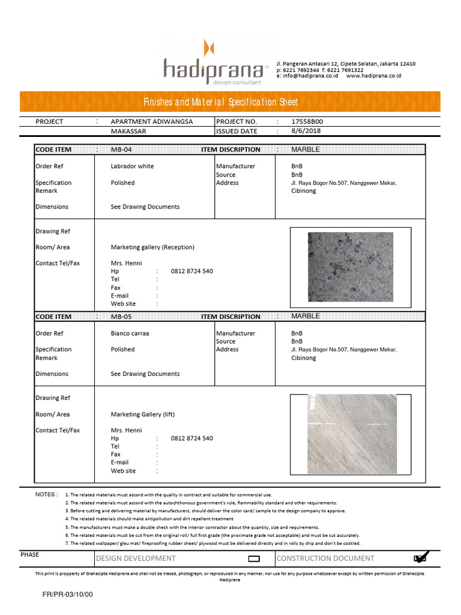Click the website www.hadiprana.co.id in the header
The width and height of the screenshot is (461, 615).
[373, 76]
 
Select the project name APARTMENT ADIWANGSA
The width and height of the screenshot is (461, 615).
[152, 121]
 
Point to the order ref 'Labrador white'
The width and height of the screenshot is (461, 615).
[132, 166]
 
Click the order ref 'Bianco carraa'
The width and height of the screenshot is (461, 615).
[130, 333]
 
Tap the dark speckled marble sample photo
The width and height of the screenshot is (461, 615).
[350, 267]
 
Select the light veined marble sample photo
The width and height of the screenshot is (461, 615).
[350, 434]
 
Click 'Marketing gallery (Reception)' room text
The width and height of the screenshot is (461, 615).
[152, 247]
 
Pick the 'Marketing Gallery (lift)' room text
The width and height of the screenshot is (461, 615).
[143, 414]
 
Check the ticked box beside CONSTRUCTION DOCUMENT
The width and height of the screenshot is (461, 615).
[420, 559]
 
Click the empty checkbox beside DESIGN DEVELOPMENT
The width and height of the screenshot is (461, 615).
[253, 559]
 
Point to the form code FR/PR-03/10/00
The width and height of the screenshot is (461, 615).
[67, 594]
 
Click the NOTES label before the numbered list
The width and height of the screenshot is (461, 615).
[46, 494]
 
